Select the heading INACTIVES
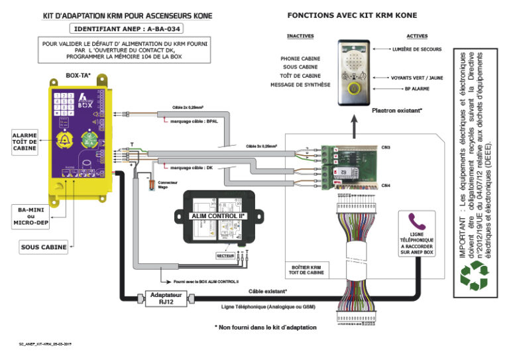click(300, 36)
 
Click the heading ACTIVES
click(417, 36)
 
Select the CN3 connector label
click(385, 147)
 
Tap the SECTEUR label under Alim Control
click(225, 255)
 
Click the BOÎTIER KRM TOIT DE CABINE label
click(307, 270)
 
